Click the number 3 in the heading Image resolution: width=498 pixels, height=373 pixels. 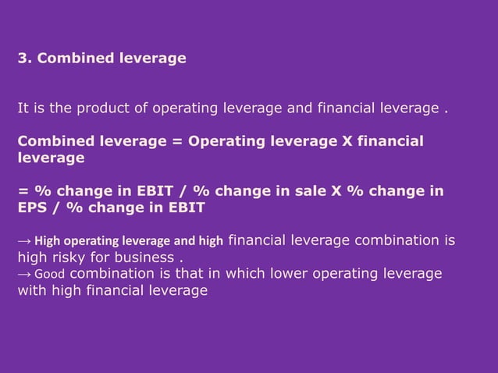tap(21, 57)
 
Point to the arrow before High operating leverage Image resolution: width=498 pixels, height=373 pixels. tap(24, 242)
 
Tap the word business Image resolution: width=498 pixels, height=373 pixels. tap(147, 258)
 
